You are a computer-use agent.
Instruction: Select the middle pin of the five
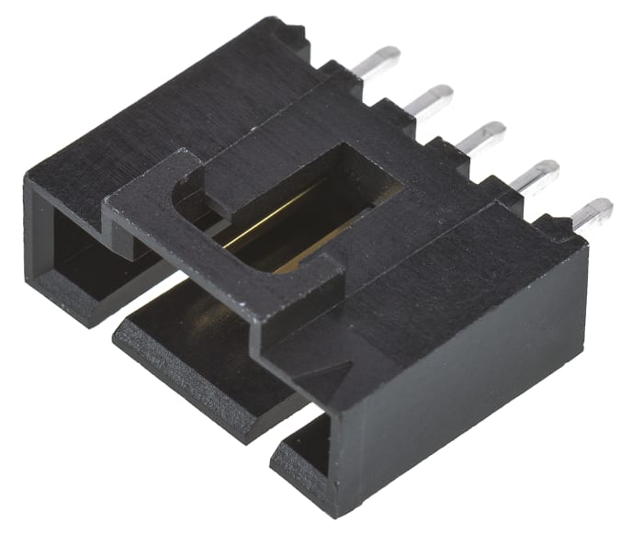click(x=481, y=136)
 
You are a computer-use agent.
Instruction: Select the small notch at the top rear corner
click(x=294, y=32)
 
